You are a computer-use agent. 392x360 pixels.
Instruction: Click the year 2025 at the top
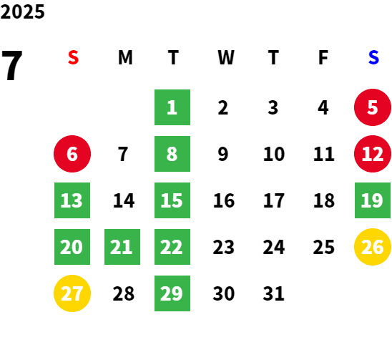click(22, 11)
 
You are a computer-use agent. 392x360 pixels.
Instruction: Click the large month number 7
click(12, 65)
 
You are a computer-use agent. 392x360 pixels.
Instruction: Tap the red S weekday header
click(73, 57)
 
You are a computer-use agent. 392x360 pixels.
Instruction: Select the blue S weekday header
click(373, 57)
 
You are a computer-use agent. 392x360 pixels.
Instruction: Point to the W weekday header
click(226, 57)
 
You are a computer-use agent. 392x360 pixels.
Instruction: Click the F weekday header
click(323, 57)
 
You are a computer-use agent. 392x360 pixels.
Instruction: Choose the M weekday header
click(125, 57)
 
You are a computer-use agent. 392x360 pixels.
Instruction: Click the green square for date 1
click(172, 107)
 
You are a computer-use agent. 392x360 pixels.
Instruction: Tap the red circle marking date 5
click(373, 107)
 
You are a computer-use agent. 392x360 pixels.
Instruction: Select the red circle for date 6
click(72, 154)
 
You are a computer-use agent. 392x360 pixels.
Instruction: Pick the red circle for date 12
click(373, 154)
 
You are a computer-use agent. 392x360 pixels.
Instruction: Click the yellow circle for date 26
click(373, 247)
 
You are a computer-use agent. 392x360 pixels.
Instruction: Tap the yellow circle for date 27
click(72, 293)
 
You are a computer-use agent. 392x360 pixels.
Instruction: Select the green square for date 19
click(373, 200)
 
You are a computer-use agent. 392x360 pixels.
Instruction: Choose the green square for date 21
click(122, 247)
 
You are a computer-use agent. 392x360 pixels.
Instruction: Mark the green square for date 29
click(172, 293)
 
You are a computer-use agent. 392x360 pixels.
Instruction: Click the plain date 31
click(273, 293)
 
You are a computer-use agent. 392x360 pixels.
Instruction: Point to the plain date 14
click(124, 200)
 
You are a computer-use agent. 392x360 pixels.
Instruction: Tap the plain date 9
click(223, 154)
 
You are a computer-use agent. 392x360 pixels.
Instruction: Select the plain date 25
click(324, 247)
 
